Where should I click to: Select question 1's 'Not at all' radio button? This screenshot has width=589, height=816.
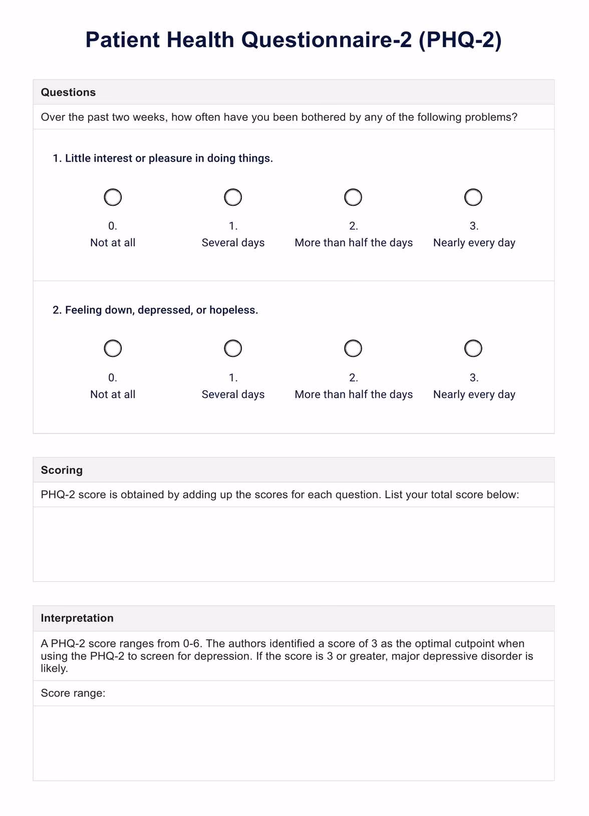tap(113, 197)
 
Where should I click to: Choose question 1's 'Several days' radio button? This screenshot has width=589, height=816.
tap(233, 197)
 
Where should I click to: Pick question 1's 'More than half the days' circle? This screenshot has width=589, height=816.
tap(353, 197)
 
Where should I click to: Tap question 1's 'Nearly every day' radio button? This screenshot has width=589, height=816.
tap(473, 197)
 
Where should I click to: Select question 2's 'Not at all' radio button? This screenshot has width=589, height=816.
tap(113, 348)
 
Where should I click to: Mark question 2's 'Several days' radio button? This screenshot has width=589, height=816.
tap(233, 348)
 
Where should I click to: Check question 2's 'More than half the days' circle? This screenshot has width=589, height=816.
tap(353, 348)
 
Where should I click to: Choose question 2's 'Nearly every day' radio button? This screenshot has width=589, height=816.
tap(473, 348)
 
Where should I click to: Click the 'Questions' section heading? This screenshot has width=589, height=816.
tap(68, 92)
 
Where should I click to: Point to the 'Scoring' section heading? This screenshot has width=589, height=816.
tap(62, 470)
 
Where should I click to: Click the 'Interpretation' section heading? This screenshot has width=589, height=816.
tap(77, 618)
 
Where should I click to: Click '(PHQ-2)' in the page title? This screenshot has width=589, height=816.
tap(460, 40)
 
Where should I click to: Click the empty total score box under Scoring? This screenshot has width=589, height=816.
tap(293, 544)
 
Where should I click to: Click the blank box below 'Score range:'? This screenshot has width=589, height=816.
tap(293, 743)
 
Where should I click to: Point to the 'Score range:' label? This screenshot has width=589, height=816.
tap(73, 693)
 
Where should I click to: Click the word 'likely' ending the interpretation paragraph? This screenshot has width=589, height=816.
tap(53, 669)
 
